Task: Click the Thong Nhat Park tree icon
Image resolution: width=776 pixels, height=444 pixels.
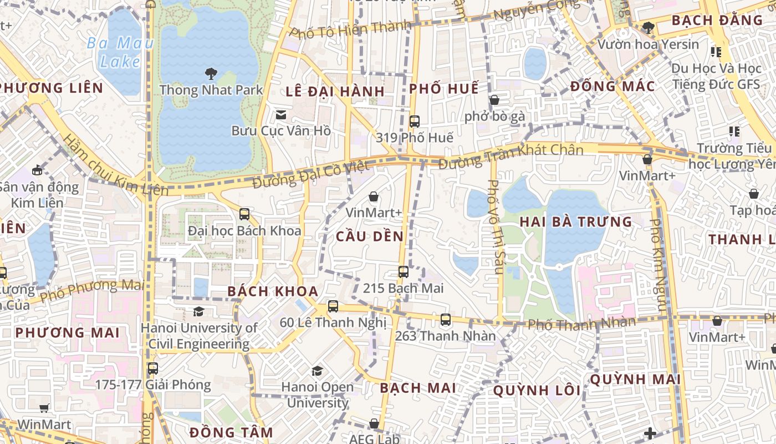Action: [211, 73]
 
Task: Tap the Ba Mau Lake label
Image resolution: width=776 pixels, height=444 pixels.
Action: [120, 52]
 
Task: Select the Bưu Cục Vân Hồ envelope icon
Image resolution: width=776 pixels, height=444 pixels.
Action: [281, 115]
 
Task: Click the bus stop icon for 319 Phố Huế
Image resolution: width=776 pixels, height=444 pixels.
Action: [414, 121]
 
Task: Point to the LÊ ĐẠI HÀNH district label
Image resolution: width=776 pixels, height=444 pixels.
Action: [335, 92]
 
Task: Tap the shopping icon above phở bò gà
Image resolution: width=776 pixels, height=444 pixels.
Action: [494, 100]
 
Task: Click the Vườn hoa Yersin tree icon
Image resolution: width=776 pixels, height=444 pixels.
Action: [648, 27]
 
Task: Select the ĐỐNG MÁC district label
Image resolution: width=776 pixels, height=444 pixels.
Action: [612, 87]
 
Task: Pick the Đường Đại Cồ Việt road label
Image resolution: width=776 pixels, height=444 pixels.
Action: [310, 174]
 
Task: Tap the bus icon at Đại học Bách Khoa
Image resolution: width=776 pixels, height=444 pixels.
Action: [244, 214]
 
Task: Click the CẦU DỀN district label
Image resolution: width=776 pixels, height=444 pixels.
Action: [370, 236]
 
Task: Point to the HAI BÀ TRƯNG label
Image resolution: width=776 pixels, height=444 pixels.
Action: [575, 222]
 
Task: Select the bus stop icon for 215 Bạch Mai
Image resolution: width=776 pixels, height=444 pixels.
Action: [404, 272]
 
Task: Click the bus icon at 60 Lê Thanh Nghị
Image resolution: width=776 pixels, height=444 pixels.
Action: [333, 306]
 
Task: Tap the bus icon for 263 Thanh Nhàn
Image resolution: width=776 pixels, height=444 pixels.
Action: [446, 320]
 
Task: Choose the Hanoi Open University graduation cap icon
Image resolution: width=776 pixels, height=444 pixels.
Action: [317, 370]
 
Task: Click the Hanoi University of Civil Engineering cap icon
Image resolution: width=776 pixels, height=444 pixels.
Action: [198, 311]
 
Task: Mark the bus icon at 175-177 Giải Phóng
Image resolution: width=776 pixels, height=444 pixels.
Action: [152, 368]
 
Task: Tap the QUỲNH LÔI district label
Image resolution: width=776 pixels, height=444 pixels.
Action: [537, 391]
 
